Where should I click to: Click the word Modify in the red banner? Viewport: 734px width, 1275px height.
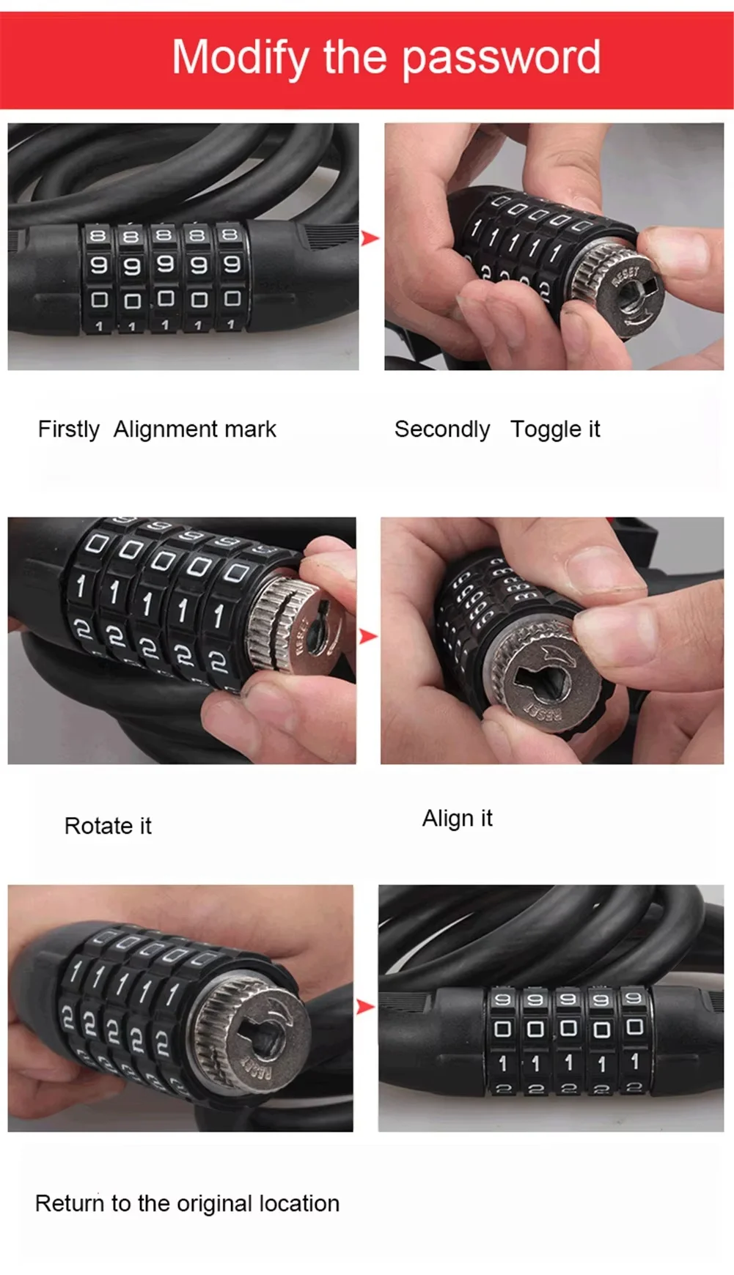click(x=241, y=58)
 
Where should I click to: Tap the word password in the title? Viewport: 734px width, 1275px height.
click(x=502, y=58)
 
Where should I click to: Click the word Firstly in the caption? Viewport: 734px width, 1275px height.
click(x=69, y=429)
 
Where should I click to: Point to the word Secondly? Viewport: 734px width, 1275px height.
click(x=442, y=429)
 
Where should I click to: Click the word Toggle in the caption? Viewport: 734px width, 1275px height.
click(x=546, y=429)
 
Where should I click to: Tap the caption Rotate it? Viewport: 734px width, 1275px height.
click(x=108, y=826)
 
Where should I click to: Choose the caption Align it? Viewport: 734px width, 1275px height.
click(x=458, y=818)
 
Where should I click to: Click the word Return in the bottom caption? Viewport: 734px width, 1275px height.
click(x=70, y=1203)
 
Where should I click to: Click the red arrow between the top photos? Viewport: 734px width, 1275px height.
click(x=370, y=237)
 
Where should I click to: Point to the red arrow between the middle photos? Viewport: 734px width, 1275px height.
click(x=368, y=636)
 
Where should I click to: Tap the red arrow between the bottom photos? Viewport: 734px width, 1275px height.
click(x=365, y=1007)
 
